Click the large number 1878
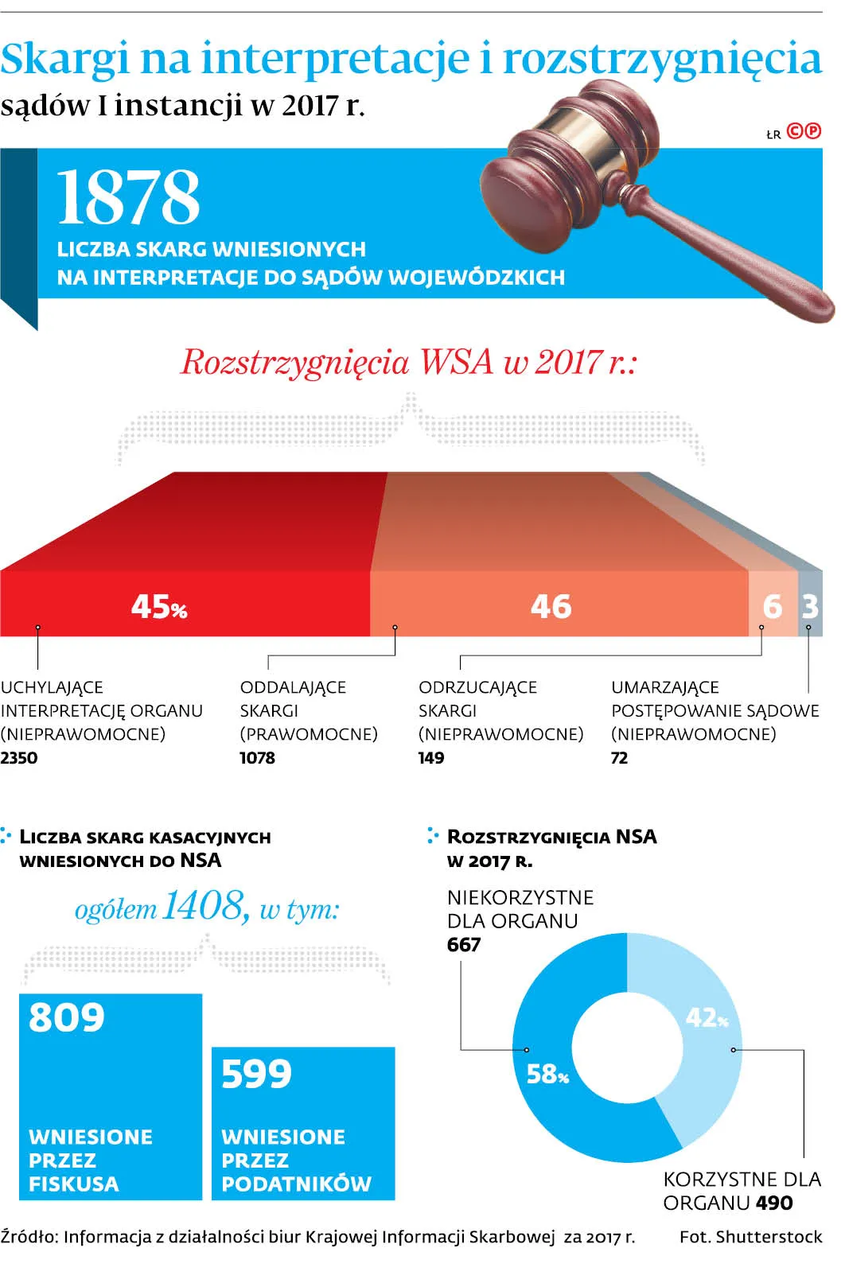127,197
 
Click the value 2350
19,758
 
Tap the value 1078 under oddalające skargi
257,758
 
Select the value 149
431,758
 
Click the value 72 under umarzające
619,758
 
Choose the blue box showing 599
303,1122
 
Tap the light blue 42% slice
700,1034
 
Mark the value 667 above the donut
464,945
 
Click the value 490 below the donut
774,1203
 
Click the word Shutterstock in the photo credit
769,1237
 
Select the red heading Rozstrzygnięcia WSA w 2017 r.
409,362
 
